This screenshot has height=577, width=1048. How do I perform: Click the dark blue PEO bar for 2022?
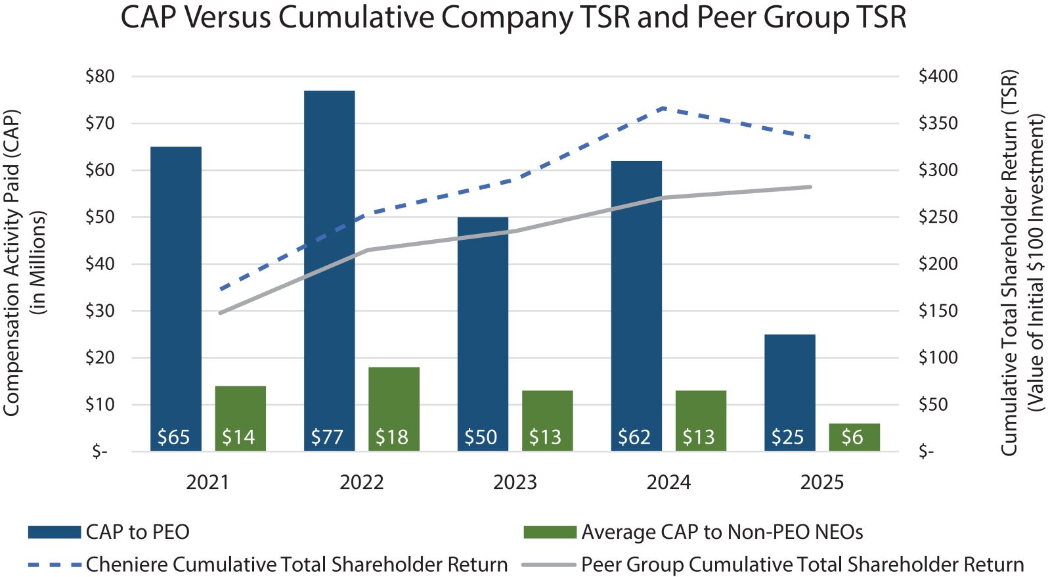click(329, 263)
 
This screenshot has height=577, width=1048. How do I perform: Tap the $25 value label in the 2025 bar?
click(787, 437)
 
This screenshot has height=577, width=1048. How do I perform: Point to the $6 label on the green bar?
click(852, 437)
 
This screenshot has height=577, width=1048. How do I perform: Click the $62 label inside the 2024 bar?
click(634, 437)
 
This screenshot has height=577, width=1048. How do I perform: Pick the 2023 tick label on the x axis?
click(515, 482)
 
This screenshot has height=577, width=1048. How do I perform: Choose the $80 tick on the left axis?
click(100, 76)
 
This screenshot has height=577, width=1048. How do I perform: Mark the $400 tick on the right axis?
click(938, 76)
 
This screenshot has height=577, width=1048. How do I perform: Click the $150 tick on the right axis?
click(938, 310)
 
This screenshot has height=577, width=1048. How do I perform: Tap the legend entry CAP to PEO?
click(137, 532)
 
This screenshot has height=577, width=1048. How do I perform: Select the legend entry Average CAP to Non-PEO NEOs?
click(722, 532)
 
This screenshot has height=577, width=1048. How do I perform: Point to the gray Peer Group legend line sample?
click(549, 565)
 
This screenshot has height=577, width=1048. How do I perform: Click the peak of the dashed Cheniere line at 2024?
click(664, 107)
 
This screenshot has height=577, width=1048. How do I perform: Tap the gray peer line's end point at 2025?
click(811, 187)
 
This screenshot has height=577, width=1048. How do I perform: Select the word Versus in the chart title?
click(226, 17)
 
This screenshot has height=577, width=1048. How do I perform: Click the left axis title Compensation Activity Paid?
click(12, 263)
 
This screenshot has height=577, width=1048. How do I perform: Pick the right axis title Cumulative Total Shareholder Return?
click(1009, 263)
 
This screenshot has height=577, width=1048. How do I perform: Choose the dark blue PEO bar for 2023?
click(483, 329)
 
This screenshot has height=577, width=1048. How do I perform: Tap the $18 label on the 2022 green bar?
click(392, 437)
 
